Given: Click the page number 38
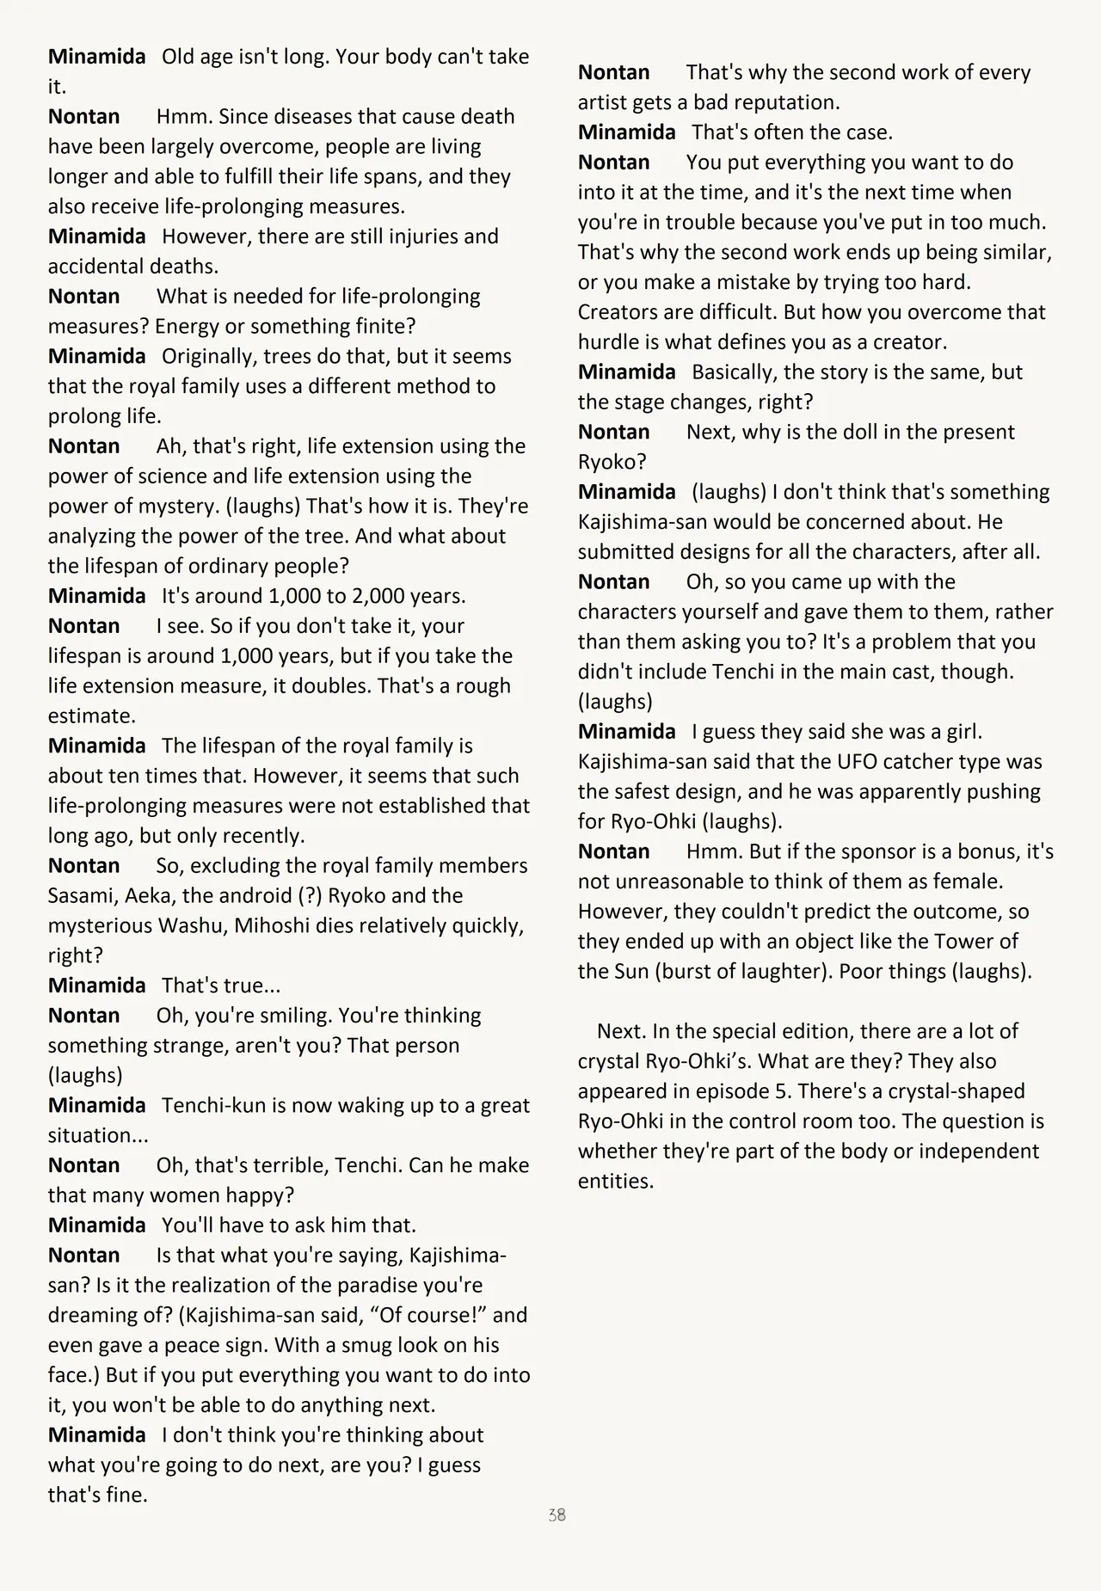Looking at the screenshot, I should [x=557, y=1514].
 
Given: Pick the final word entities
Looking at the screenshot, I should [x=615, y=1181].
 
